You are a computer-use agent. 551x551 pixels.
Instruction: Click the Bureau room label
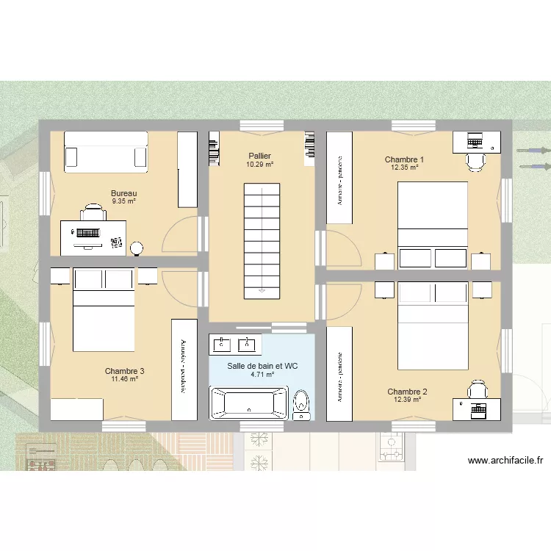coord(124,194)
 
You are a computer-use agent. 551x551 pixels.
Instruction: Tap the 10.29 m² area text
coord(259,165)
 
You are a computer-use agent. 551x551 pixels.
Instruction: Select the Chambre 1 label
coord(404,159)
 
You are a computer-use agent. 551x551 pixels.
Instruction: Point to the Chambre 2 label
coord(407,392)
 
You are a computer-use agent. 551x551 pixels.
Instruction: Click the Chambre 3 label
coord(124,371)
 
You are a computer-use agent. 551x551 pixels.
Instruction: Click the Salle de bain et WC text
coord(262,365)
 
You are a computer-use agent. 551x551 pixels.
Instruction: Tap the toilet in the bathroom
coord(301,404)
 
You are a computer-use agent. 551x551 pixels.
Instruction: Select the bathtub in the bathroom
coord(249,403)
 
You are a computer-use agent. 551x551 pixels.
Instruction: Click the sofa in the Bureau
coord(107,151)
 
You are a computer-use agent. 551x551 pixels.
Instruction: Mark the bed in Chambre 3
coord(103,309)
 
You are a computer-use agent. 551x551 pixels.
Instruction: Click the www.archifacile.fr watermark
coord(505,461)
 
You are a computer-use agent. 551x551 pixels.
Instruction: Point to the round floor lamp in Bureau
coord(136,247)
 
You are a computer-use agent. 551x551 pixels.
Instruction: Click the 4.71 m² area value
coord(262,374)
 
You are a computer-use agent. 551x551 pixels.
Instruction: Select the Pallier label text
coord(259,156)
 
